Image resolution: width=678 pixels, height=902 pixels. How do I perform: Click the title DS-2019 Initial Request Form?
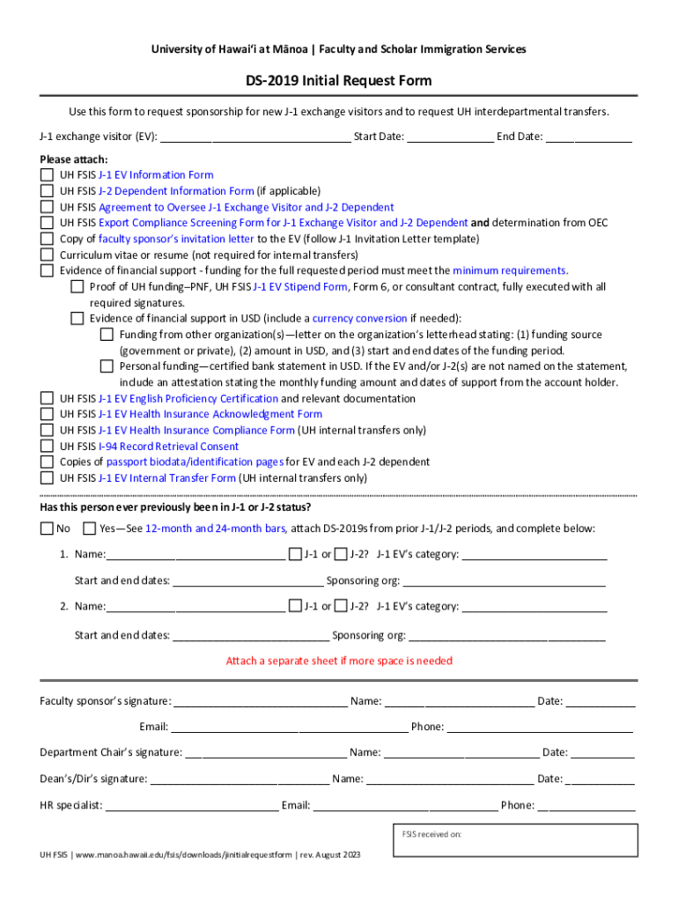[339, 80]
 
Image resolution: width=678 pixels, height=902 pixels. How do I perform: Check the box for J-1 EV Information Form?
[47, 174]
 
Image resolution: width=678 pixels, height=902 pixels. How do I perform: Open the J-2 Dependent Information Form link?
[175, 191]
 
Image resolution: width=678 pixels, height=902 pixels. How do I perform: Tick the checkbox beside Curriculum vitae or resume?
[47, 255]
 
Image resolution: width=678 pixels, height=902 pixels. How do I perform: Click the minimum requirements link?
[509, 270]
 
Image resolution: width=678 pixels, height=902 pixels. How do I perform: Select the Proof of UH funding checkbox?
[77, 287]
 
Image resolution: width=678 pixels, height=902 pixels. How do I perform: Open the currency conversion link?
[359, 319]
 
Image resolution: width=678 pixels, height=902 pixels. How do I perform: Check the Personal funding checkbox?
[107, 366]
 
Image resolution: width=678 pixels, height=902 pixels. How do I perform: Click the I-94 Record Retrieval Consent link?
[168, 447]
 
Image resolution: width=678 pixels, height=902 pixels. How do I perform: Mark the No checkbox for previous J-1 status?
[47, 529]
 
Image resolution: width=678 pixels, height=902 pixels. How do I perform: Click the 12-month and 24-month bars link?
[215, 529]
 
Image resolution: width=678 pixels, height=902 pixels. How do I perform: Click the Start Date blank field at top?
[449, 137]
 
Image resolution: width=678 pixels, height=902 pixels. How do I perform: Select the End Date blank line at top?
[589, 137]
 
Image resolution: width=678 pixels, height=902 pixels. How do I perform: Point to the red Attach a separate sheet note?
[339, 661]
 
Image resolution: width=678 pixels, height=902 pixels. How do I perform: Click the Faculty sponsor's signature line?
[260, 702]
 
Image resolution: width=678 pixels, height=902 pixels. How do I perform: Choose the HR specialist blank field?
[191, 806]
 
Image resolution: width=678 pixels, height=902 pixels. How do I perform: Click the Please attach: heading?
[74, 159]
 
